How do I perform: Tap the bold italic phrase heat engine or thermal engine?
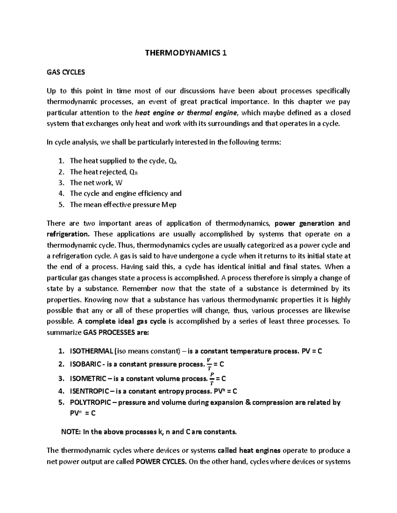(x=187, y=113)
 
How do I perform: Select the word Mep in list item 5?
(x=169, y=204)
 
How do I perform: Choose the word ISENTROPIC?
(x=89, y=391)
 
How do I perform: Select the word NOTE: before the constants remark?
(x=71, y=432)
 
